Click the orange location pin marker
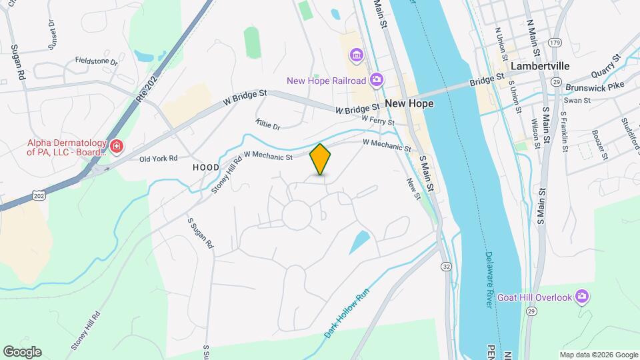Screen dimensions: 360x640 pos(321,159)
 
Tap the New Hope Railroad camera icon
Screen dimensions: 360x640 pos(377,81)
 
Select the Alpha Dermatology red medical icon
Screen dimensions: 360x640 pos(117,146)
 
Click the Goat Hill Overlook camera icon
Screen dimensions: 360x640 pos(582,295)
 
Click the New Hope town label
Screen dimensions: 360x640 pos(409,103)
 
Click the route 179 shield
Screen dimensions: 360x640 pos(554,43)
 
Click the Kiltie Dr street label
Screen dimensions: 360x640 pos(268,125)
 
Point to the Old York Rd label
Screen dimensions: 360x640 pos(158,159)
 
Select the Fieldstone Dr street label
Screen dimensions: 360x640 pos(96,61)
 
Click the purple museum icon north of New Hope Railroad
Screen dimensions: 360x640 pos(356,54)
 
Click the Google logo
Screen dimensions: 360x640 pos(22,352)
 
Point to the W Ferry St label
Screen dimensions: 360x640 pos(378,121)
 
